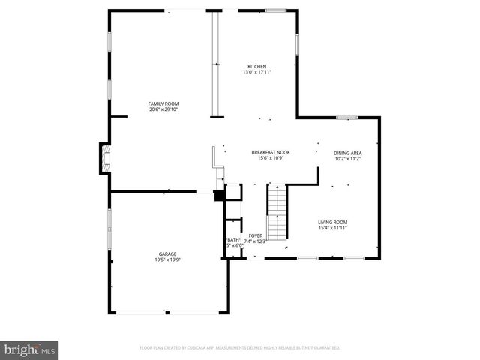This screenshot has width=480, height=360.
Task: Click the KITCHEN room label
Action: (257, 66)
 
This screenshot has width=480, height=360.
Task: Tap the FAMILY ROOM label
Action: (163, 103)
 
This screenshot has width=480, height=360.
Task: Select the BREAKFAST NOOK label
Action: (270, 152)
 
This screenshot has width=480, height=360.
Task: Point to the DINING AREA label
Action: (347, 153)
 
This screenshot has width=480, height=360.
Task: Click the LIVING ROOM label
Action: (332, 222)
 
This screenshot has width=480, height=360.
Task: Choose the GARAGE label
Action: (167, 253)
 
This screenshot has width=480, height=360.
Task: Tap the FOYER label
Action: (256, 235)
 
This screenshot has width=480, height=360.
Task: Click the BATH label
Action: (232, 240)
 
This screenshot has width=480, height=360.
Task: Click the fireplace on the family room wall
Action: (103, 159)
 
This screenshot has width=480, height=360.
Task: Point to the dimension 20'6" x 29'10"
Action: (163, 109)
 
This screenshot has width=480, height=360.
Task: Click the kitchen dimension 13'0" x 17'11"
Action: (257, 72)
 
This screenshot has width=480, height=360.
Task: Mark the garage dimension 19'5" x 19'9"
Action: (167, 259)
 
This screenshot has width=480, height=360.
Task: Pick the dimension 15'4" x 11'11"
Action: (332, 228)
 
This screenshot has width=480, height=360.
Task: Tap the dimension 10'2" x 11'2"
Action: (347, 159)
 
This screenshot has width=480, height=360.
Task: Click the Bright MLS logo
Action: (29, 349)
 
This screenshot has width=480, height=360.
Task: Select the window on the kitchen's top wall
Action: (275, 10)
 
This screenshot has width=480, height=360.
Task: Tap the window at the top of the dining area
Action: (346, 118)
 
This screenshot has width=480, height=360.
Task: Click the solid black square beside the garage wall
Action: (219, 196)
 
